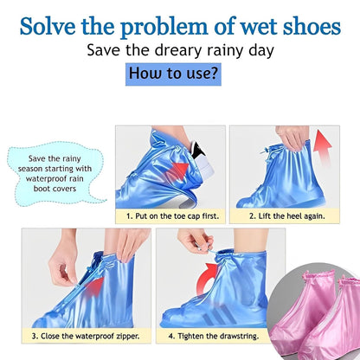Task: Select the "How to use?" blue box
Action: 173,73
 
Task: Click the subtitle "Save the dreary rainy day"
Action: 179,50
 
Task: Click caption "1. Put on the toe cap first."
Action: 168,216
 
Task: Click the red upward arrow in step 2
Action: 322,151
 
